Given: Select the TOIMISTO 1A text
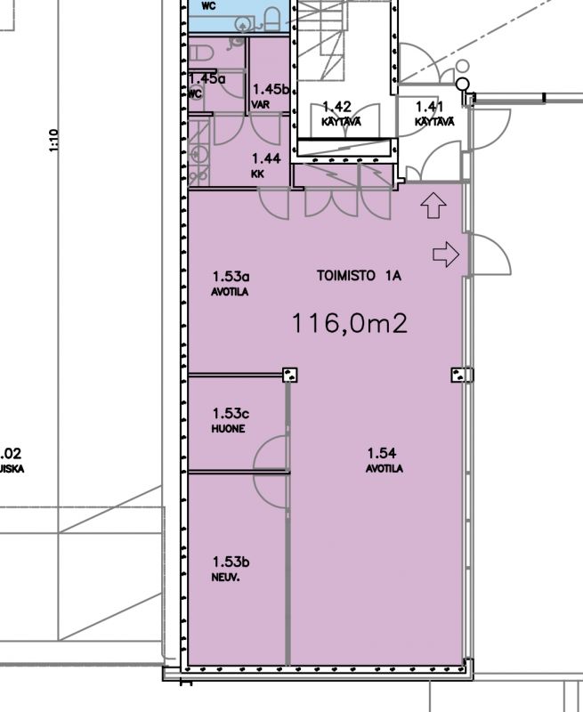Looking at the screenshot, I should pos(359,277).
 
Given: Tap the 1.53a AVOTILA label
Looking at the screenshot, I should pos(229,283).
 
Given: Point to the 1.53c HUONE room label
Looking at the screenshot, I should pos(229,419).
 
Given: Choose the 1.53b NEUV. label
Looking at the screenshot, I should pos(230,567).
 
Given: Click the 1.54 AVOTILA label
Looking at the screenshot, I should pos(383,459).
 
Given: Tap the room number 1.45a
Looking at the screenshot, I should pos(206,78).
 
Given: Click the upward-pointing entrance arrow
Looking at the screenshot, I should pos(433,206).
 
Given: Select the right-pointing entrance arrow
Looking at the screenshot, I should pos(445,255).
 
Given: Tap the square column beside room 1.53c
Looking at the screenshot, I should pos(289,375).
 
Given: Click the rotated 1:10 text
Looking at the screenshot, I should pos(53,140).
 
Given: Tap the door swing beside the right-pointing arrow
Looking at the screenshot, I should pos(489,255).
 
